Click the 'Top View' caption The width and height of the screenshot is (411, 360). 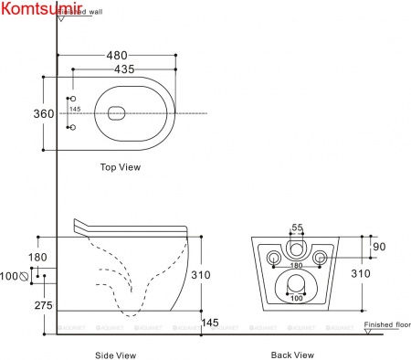coord(120,167)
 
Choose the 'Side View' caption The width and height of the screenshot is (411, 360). coord(116,354)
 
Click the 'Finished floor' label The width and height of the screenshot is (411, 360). coord(387,324)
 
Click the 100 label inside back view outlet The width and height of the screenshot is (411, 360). coord(295,299)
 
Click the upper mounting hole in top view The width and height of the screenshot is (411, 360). coord(74,97)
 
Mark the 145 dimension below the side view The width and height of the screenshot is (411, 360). coord(211,322)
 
